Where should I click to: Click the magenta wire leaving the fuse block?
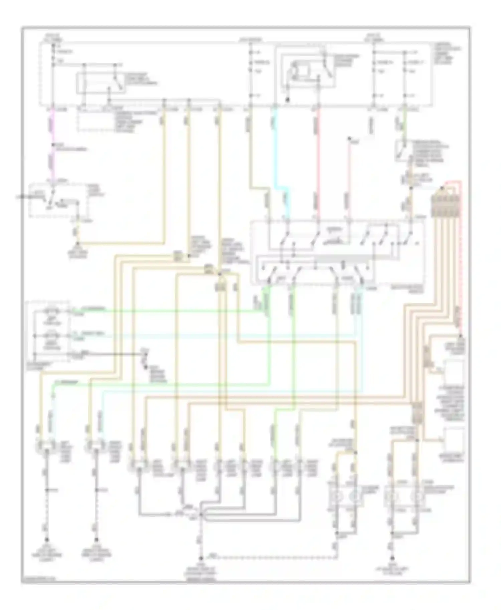click(x=53, y=127)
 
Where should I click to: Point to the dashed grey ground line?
click(x=267, y=557)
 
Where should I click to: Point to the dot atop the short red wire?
click(x=349, y=138)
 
